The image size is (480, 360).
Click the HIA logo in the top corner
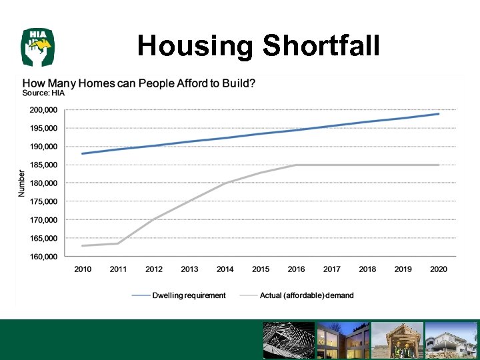pos(38,47)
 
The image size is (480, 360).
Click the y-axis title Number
pos(21,183)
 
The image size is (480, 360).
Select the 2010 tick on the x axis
pos(83,269)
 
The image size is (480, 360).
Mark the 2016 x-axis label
pos(296,269)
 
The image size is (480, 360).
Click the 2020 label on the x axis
pos(439,269)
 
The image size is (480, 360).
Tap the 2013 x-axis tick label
pos(189,269)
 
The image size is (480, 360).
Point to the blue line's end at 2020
pos(439,114)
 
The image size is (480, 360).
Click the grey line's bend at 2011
pos(118,243)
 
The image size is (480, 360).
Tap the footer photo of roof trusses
pos(288,341)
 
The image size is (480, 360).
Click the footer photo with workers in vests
pos(397,341)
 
